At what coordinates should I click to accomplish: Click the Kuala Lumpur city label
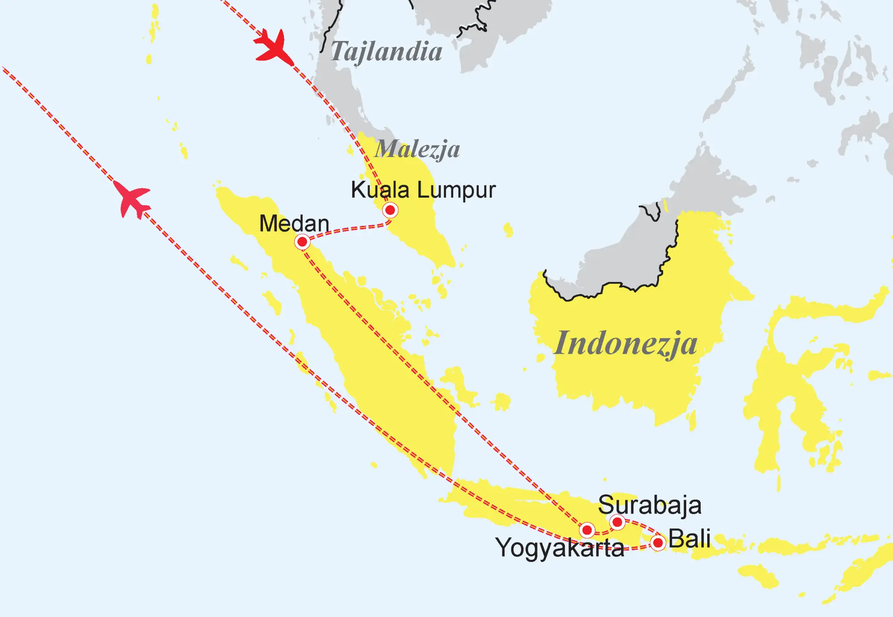click(423, 190)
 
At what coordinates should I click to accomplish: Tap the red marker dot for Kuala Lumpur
click(390, 210)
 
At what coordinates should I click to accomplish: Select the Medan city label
click(294, 224)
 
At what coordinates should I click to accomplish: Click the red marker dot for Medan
click(302, 242)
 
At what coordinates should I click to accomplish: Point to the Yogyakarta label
click(559, 548)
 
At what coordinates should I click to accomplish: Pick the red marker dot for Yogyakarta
click(587, 530)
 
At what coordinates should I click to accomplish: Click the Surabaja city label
click(649, 505)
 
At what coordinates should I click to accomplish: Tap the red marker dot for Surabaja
click(618, 522)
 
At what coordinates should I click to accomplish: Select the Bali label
click(689, 539)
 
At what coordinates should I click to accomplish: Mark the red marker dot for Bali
click(658, 543)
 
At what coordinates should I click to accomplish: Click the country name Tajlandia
click(387, 52)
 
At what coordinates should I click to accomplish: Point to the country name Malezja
click(417, 149)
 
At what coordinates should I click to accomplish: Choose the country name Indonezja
click(625, 344)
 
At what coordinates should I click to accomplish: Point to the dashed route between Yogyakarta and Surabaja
click(603, 532)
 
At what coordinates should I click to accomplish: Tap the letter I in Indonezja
click(561, 343)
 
